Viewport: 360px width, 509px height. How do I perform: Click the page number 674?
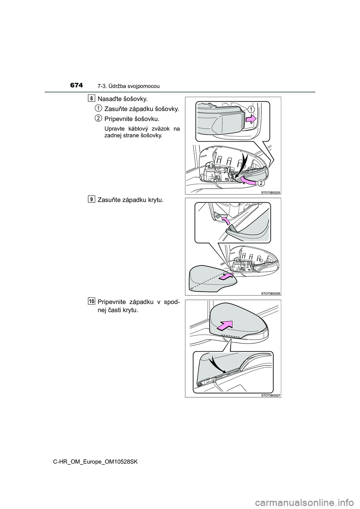tap(76, 85)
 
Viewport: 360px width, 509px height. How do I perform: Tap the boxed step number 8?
tap(91, 98)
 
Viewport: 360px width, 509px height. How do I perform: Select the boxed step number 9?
tap(91, 199)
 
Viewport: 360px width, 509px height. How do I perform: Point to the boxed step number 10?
tap(91, 301)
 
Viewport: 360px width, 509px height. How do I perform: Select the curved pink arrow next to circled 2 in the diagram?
tap(248, 181)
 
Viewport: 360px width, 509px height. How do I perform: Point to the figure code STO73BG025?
tap(271, 192)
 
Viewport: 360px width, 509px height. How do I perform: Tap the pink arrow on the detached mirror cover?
tap(226, 277)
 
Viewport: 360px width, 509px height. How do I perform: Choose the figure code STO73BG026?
tap(271, 293)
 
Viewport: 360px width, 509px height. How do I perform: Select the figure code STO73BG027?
tap(271, 395)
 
